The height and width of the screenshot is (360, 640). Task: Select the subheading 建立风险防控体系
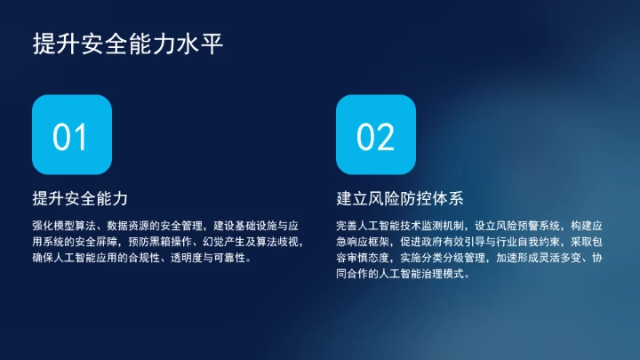(400, 197)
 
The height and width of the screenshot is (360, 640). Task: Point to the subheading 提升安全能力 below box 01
(86, 197)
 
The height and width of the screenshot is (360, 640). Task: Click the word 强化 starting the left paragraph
(43, 225)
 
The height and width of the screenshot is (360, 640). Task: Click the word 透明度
(178, 259)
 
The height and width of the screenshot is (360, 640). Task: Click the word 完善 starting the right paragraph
(347, 225)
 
